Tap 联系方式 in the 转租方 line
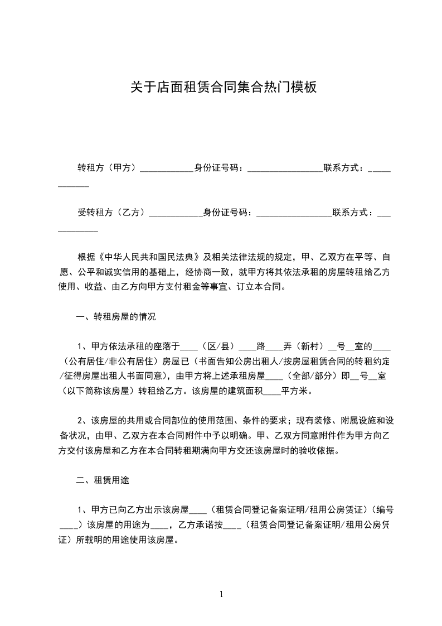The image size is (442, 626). pyautogui.click(x=344, y=167)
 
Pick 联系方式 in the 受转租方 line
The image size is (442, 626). pyautogui.click(x=353, y=212)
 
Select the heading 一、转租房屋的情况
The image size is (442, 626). pyautogui.click(x=115, y=317)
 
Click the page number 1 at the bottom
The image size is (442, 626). pyautogui.click(x=221, y=594)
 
